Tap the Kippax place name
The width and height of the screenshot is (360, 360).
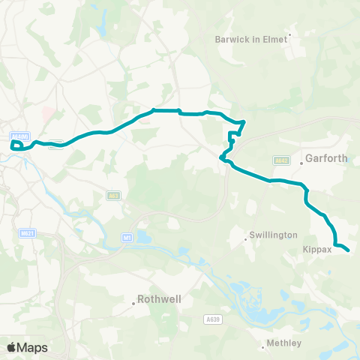tap(317, 250)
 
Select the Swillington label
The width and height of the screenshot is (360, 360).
tap(274, 235)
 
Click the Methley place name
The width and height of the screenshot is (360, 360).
tap(285, 343)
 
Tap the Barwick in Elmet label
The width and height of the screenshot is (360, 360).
tap(251, 39)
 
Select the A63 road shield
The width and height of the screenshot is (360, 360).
tap(113, 196)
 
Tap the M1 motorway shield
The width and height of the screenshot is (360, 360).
tap(126, 237)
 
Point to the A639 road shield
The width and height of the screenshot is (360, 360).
tap(214, 319)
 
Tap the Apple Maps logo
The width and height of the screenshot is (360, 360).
tap(27, 347)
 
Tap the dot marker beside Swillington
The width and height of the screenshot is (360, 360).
tap(247, 240)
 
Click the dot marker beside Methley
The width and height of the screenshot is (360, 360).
tap(263, 346)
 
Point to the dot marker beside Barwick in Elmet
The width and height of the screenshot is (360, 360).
tap(289, 34)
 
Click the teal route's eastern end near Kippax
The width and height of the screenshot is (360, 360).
tap(348, 250)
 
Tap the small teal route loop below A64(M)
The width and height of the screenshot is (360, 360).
tap(16, 144)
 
